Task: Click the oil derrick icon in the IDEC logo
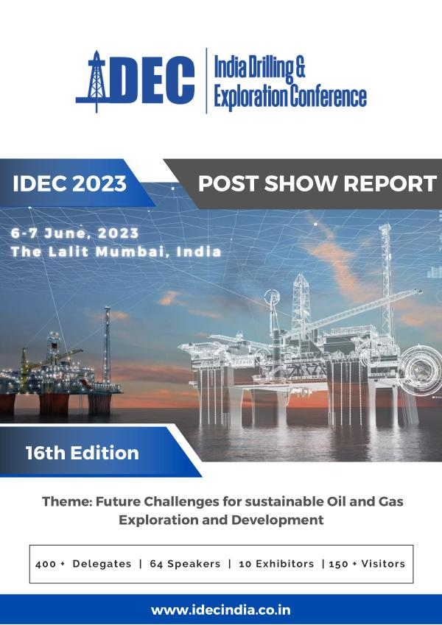(x=96, y=81)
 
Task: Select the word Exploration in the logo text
(x=250, y=97)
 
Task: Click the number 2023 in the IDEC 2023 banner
(x=99, y=183)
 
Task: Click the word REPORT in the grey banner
(x=390, y=183)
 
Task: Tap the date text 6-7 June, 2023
(x=74, y=233)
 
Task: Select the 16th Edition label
(x=83, y=453)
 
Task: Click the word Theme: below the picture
(x=66, y=501)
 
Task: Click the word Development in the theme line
(x=277, y=520)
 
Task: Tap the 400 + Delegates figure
(x=83, y=564)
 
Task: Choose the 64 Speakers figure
(x=185, y=564)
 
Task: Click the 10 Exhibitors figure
(x=276, y=564)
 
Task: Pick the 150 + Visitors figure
(x=367, y=564)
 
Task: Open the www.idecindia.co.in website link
(x=220, y=610)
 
